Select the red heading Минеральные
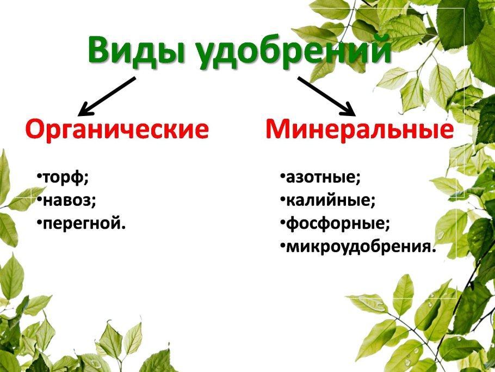360,130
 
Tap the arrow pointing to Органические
107,96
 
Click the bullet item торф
65,177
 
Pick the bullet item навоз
69,200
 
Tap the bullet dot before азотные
283,176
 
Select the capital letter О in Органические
36,130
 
